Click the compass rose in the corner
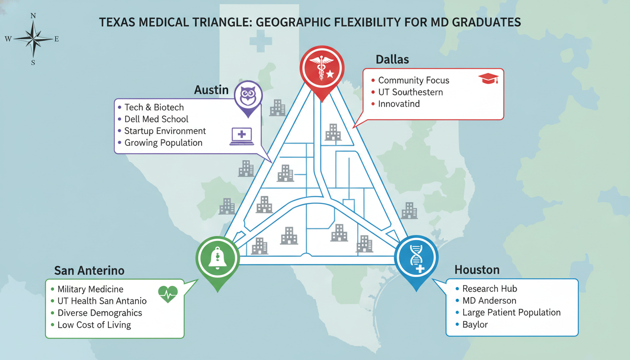click(x=33, y=39)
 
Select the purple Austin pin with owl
click(x=247, y=97)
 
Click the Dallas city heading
click(x=392, y=60)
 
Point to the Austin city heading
click(x=211, y=90)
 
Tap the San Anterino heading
click(x=89, y=270)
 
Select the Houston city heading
click(x=477, y=270)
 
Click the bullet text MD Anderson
click(x=489, y=300)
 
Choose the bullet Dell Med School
click(x=156, y=119)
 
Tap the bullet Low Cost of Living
click(x=94, y=325)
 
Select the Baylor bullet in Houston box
click(x=475, y=324)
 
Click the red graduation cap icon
click(x=488, y=79)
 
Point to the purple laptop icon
click(x=241, y=136)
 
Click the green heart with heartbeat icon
click(x=168, y=294)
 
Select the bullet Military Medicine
click(x=90, y=289)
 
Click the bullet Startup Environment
click(x=165, y=131)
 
